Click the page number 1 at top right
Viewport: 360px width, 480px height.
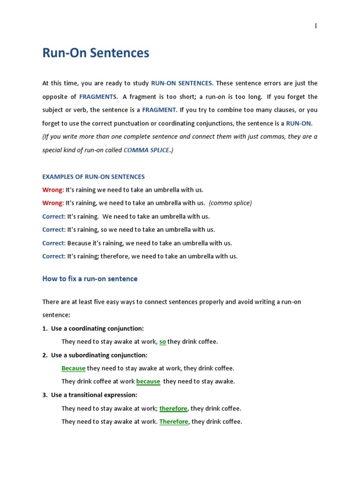[316, 26]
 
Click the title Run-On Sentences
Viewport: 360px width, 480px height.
[96, 53]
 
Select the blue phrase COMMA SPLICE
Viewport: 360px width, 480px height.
[146, 150]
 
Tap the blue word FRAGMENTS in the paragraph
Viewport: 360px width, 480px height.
[98, 97]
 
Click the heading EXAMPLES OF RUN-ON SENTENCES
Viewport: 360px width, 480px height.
[94, 177]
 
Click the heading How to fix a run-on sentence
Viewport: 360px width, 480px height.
[90, 278]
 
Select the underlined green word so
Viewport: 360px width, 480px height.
[163, 342]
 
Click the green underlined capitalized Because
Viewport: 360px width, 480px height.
[74, 368]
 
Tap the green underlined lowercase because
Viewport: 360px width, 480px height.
[148, 382]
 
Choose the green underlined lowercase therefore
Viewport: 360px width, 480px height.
[173, 408]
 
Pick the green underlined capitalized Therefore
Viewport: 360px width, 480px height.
[173, 421]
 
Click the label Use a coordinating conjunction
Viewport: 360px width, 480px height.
[97, 328]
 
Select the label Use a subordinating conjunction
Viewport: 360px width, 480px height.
[99, 355]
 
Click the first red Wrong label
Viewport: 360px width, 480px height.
[53, 190]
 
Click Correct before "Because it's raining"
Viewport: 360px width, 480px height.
[54, 243]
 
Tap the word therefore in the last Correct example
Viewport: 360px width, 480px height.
[114, 256]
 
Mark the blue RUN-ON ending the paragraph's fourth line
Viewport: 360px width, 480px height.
[299, 123]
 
